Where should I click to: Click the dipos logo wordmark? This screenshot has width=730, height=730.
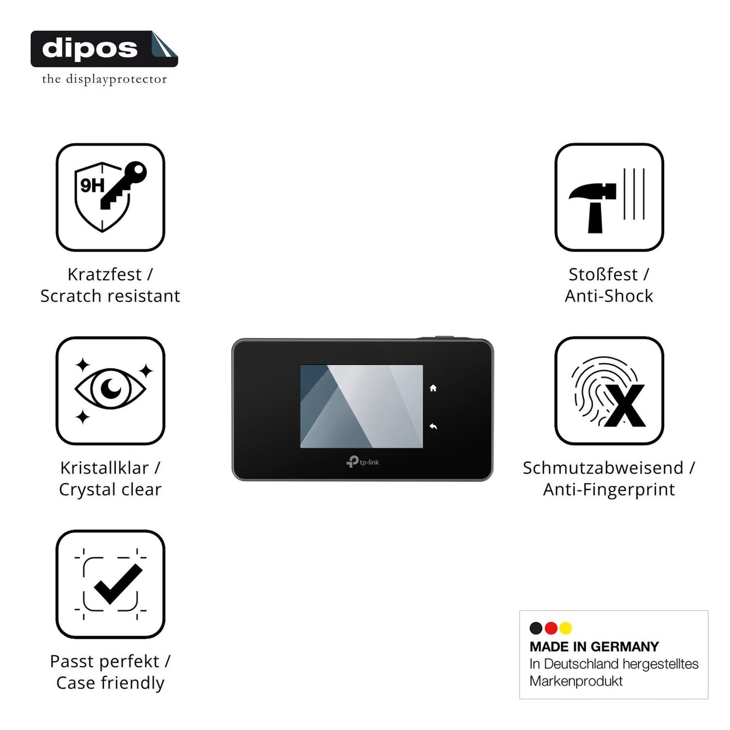pyautogui.click(x=90, y=49)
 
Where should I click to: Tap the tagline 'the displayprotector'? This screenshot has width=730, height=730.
pyautogui.click(x=105, y=79)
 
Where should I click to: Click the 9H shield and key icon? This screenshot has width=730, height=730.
pyautogui.click(x=110, y=197)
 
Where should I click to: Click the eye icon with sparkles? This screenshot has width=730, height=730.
pyautogui.click(x=110, y=390)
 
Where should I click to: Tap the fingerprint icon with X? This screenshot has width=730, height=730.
pyautogui.click(x=608, y=392)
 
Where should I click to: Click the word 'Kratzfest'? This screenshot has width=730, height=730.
pyautogui.click(x=105, y=274)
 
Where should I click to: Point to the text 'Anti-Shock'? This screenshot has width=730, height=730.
pyautogui.click(x=609, y=296)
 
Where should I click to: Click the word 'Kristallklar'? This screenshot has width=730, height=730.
pyautogui.click(x=105, y=468)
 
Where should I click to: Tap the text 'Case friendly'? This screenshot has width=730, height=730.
pyautogui.click(x=110, y=683)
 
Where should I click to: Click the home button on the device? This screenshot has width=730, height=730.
pyautogui.click(x=433, y=388)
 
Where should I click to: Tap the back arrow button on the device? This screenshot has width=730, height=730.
pyautogui.click(x=433, y=426)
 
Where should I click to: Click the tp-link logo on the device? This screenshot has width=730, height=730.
pyautogui.click(x=363, y=462)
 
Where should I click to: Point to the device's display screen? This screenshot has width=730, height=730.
pyautogui.click(x=361, y=406)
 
